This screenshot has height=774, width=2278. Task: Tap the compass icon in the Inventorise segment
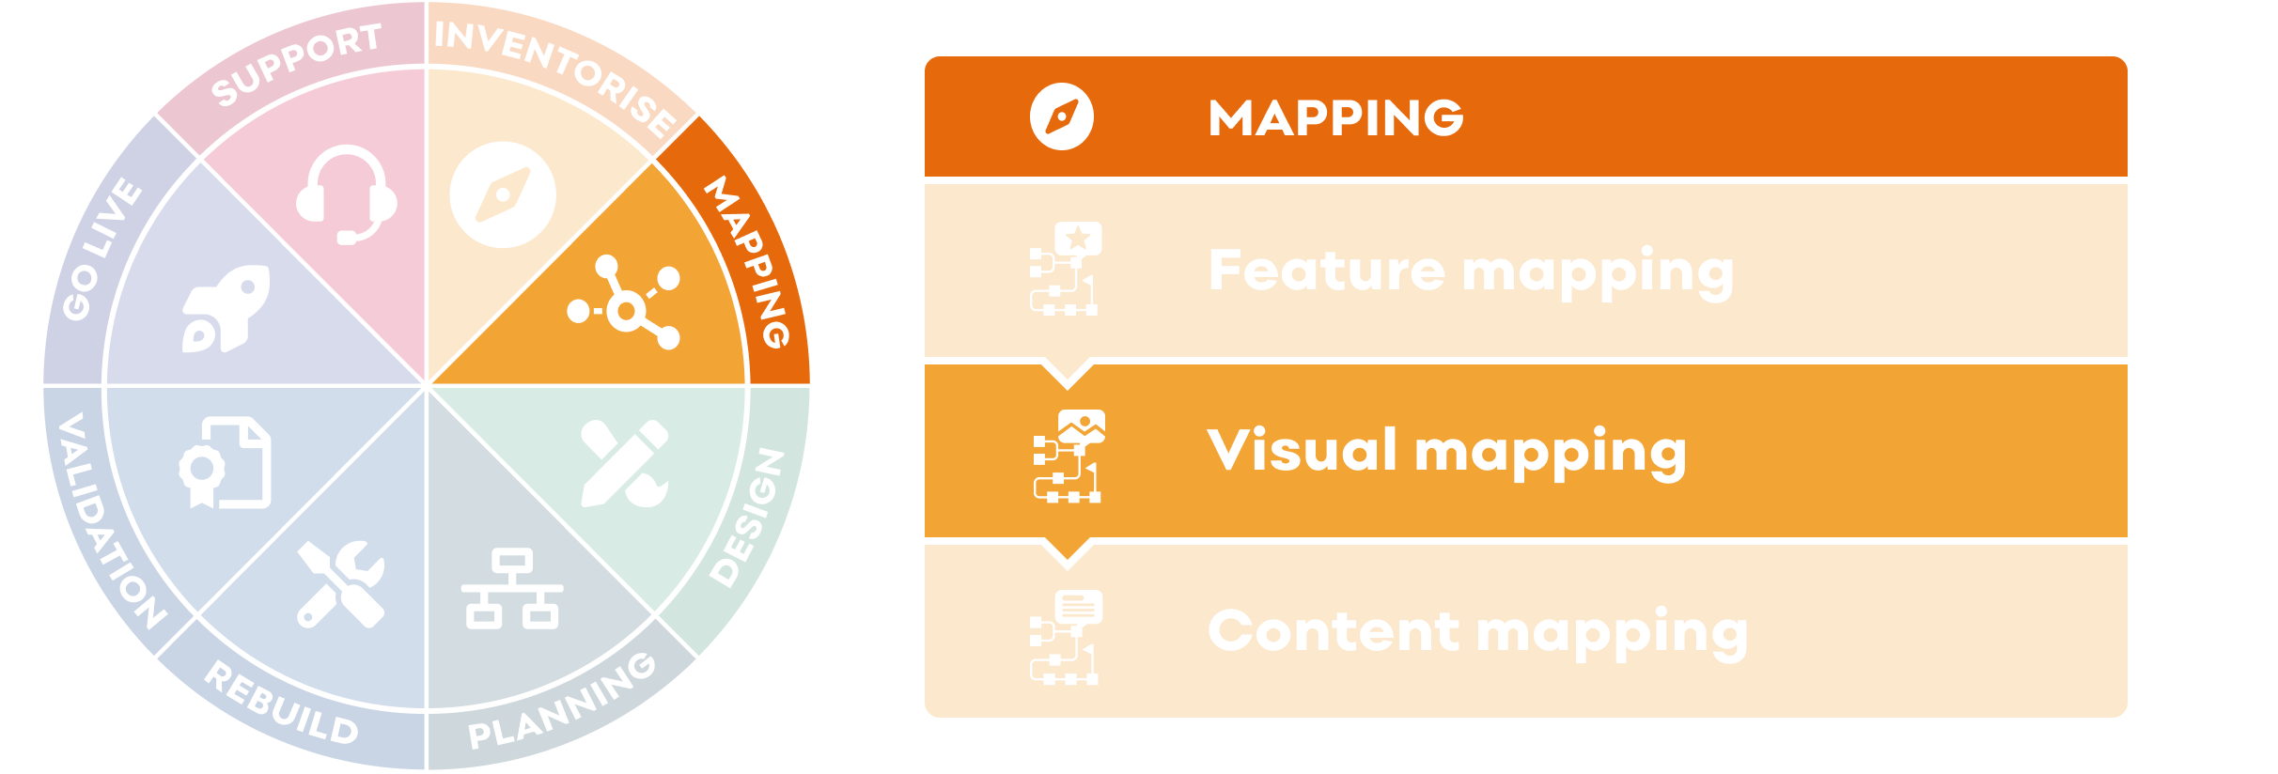[x=503, y=194]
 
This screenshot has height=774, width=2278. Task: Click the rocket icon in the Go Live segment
[x=226, y=309]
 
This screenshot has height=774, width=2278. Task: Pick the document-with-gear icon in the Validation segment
[x=226, y=463]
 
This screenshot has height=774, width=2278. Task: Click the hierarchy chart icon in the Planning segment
[x=512, y=589]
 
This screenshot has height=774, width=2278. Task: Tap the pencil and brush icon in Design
[x=625, y=463]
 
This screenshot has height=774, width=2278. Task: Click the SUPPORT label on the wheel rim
[x=296, y=63]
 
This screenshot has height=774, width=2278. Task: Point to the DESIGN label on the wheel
[x=747, y=518]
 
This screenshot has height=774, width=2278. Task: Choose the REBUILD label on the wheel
[x=282, y=704]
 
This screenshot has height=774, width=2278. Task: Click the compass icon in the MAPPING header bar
[x=1062, y=117]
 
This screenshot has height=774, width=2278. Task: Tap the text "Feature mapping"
[x=1471, y=271]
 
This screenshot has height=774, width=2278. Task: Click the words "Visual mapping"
[x=1446, y=451]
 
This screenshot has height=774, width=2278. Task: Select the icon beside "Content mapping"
[x=1066, y=636]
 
